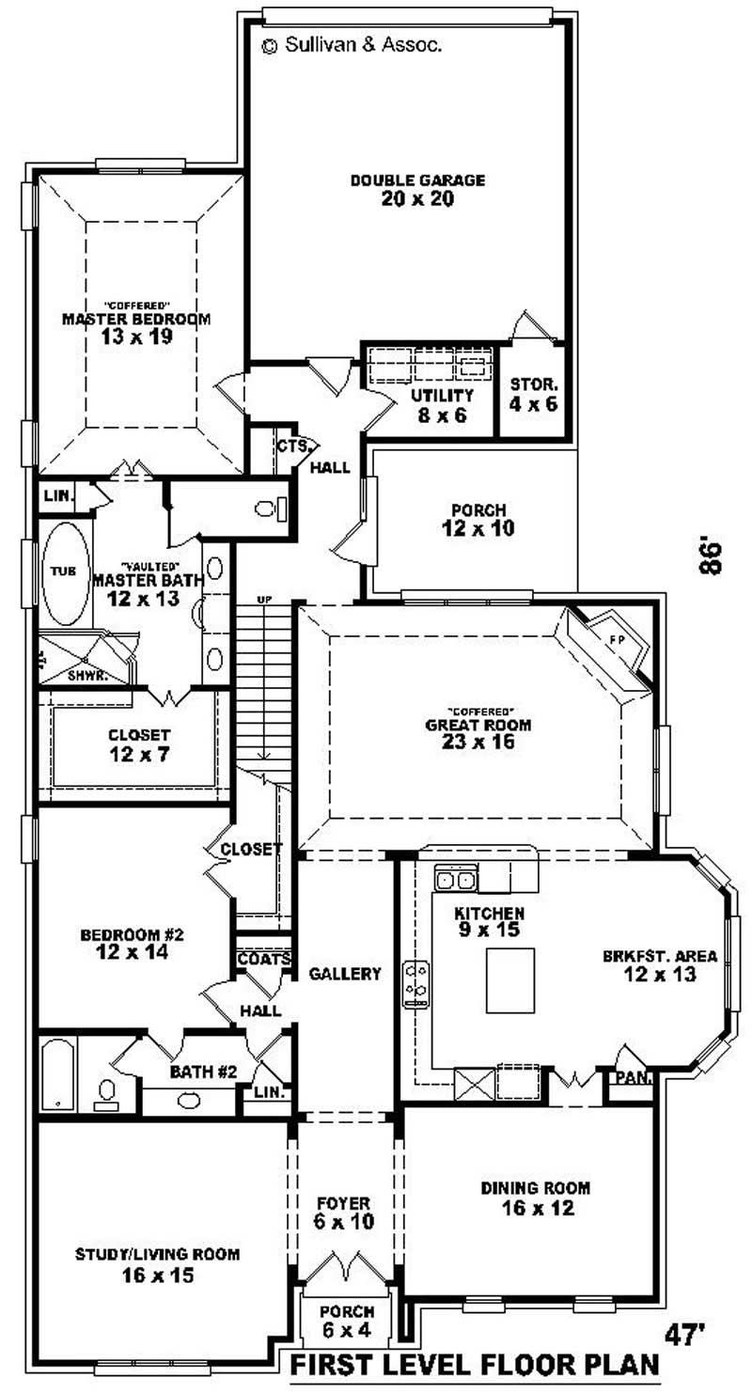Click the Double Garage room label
pyautogui.click(x=417, y=180)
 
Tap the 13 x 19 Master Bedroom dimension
pyautogui.click(x=136, y=337)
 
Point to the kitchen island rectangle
pyautogui.click(x=510, y=979)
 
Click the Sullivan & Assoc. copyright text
pyautogui.click(x=352, y=43)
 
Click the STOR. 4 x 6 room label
pyautogui.click(x=534, y=394)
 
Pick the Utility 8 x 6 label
pyautogui.click(x=434, y=404)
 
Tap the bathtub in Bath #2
pyautogui.click(x=57, y=1073)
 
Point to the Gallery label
pyautogui.click(x=345, y=974)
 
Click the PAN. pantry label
pyautogui.click(x=633, y=1078)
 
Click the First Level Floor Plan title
pyautogui.click(x=475, y=1364)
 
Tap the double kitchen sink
pyautogui.click(x=457, y=880)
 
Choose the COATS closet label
pyautogui.click(x=263, y=960)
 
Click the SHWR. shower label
pyautogui.click(x=87, y=675)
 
